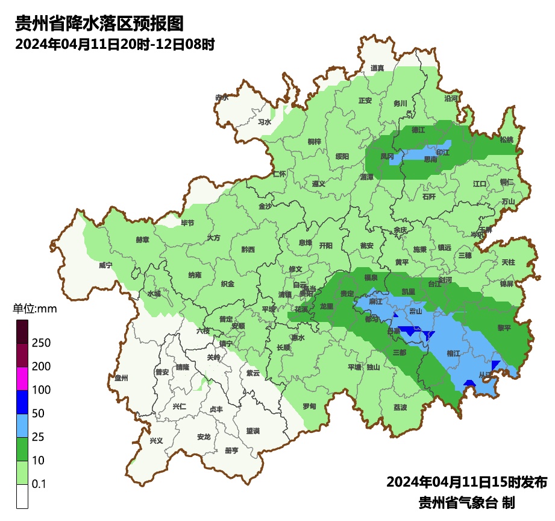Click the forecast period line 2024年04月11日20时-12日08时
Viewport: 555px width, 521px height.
pyautogui.click(x=114, y=44)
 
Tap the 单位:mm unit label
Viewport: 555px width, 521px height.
pyautogui.click(x=34, y=309)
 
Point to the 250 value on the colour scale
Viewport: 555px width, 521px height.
pyautogui.click(x=41, y=343)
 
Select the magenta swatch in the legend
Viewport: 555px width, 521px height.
pyautogui.click(x=22, y=378)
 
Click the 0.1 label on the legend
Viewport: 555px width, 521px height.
pyautogui.click(x=39, y=484)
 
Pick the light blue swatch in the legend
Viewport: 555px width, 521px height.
pyautogui.click(x=22, y=425)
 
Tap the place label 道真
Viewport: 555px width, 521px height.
pyautogui.click(x=378, y=68)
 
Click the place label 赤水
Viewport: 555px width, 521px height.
pyautogui.click(x=222, y=97)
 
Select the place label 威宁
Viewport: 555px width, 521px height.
pyautogui.click(x=105, y=265)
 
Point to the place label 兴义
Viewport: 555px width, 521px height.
pyautogui.click(x=156, y=440)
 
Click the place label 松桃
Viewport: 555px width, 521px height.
pyautogui.click(x=507, y=140)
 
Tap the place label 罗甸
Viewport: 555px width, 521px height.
pyautogui.click(x=309, y=406)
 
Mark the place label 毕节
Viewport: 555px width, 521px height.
pyautogui.click(x=188, y=223)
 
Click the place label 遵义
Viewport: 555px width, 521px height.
pyautogui.click(x=319, y=184)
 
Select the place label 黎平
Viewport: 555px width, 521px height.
pyautogui.click(x=503, y=327)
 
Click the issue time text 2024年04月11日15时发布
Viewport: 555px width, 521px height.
pyautogui.click(x=466, y=482)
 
